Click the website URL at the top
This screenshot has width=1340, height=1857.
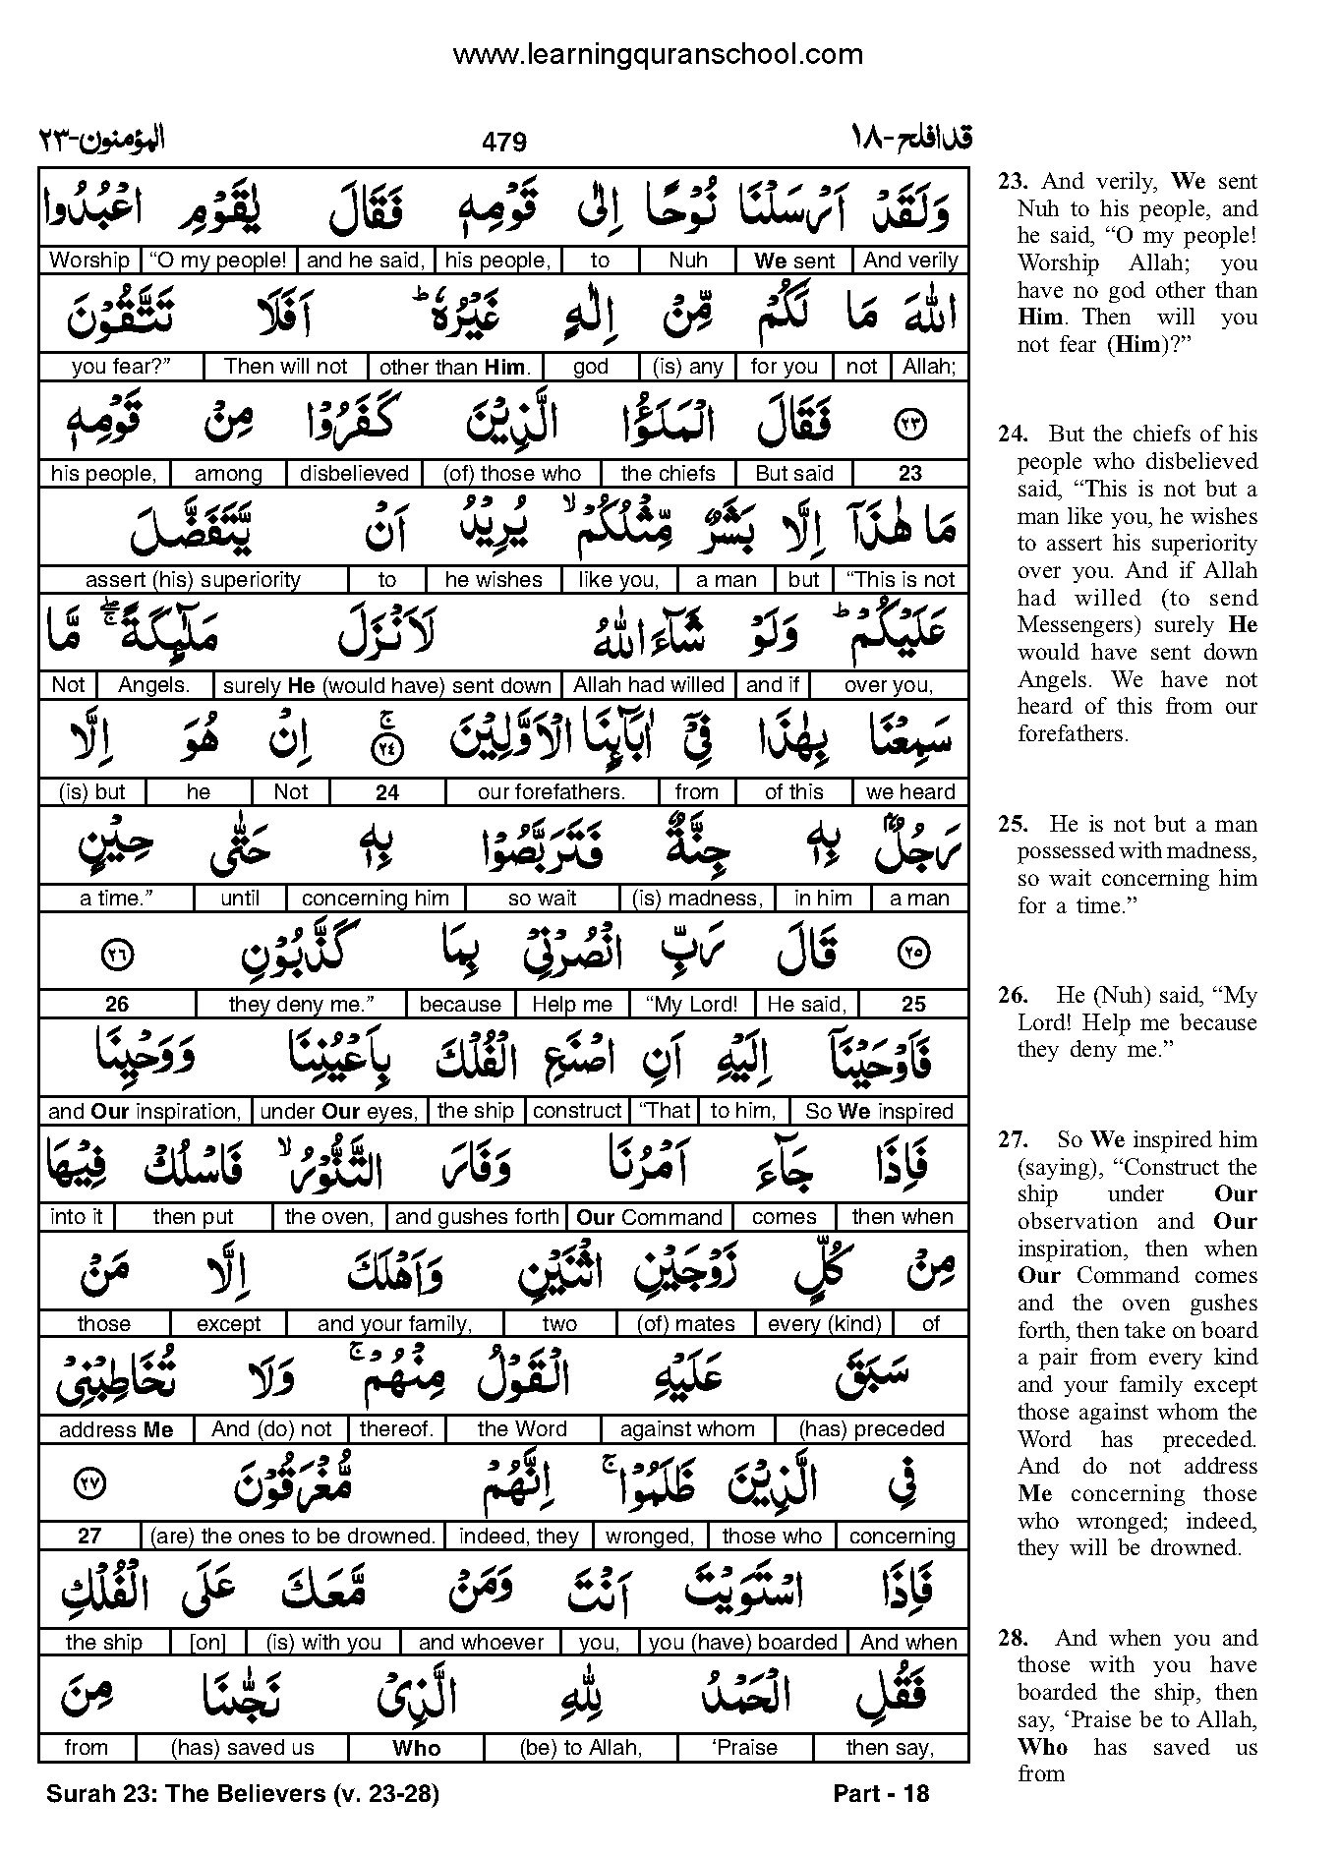[x=657, y=55]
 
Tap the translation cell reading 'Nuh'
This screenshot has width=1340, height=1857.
[x=688, y=261]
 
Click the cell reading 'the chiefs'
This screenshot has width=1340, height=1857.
[x=669, y=473]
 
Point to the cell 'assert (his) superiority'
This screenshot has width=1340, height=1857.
[x=193, y=580]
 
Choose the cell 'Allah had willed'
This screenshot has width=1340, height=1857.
[x=649, y=685]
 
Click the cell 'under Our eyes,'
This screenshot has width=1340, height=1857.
[x=338, y=1112]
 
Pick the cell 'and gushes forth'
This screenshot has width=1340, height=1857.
[x=477, y=1217]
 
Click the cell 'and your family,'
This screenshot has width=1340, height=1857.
[x=394, y=1324]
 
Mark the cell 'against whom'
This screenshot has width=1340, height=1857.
[x=687, y=1429]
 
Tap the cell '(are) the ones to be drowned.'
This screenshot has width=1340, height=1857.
[x=292, y=1537]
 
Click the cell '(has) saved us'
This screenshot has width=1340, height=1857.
[x=242, y=1748]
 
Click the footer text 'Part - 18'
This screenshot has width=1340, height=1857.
[x=880, y=1794]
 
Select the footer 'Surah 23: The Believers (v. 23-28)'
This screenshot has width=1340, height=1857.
[x=242, y=1794]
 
